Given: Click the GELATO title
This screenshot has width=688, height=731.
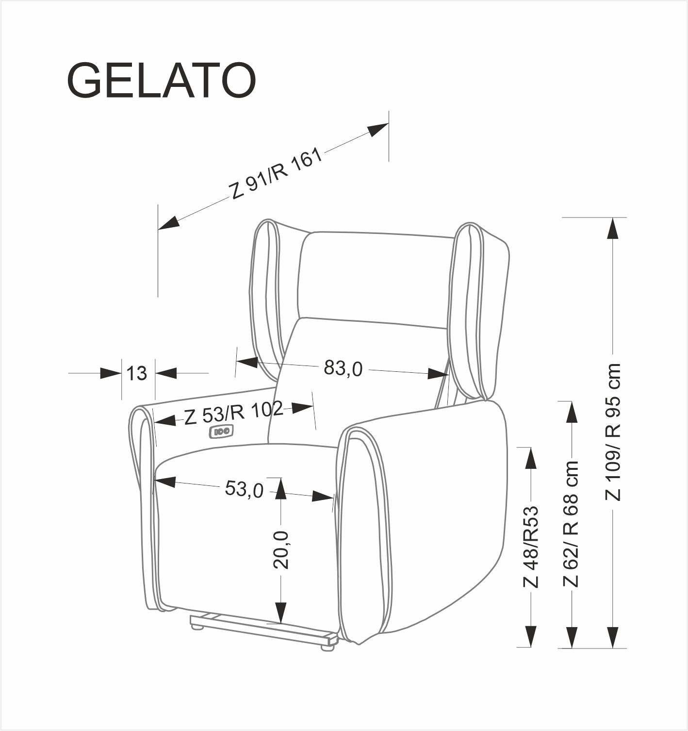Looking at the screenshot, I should (161, 81).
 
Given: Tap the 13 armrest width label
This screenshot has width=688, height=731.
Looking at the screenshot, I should (137, 373).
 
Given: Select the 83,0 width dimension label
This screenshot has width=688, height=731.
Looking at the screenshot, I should (343, 368).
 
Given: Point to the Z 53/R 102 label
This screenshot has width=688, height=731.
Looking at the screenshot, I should (233, 413).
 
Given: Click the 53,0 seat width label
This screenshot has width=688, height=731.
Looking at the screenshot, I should (244, 489).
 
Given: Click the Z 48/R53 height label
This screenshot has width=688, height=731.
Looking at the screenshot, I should (531, 547).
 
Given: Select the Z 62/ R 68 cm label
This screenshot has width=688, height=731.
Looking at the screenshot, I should (572, 524).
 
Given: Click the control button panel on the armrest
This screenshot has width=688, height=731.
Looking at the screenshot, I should (222, 431).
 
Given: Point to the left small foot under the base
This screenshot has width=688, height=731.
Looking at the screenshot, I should (197, 626).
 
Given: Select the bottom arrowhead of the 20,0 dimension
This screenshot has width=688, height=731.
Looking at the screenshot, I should (281, 613).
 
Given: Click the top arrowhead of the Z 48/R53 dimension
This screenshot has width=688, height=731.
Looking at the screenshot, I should (531, 458).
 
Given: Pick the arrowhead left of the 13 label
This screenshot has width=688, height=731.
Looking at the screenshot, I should (110, 373).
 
